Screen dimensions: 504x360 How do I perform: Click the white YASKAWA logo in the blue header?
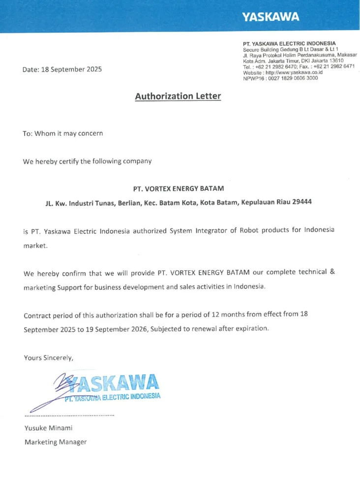click(x=270, y=17)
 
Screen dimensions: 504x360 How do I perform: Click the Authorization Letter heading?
click(x=178, y=96)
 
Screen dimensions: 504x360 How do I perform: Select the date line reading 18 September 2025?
click(x=62, y=69)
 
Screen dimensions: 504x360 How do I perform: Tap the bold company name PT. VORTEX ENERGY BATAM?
click(x=178, y=188)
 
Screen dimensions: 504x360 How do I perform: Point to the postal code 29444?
click(x=300, y=202)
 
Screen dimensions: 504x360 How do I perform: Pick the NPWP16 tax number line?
click(x=280, y=78)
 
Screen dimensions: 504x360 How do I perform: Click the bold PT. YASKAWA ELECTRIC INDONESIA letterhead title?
click(x=289, y=44)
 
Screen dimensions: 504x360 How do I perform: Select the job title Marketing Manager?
click(x=56, y=442)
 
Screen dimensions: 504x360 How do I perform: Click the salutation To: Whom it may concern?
click(x=63, y=133)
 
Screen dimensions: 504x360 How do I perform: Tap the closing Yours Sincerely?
click(x=49, y=358)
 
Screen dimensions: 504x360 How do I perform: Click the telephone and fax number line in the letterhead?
click(x=299, y=66)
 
